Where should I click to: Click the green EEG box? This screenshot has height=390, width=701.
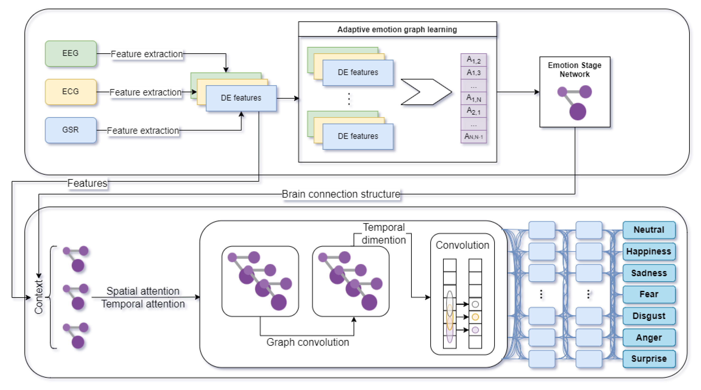70,53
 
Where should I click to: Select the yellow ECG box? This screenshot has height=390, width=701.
70,92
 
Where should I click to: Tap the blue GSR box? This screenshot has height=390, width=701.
70,130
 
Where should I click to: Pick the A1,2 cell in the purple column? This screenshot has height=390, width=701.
473,60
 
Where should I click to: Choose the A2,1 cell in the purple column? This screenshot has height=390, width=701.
473,111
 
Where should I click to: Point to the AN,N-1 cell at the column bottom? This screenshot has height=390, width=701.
473,136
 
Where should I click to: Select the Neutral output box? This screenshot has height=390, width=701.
649,230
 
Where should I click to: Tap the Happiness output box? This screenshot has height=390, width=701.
649,251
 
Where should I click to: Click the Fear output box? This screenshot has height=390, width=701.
649,294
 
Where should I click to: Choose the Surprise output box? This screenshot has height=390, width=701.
649,358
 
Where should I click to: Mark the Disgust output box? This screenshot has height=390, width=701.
649,316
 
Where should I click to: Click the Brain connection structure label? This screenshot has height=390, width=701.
341,194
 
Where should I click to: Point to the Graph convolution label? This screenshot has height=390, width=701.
307,342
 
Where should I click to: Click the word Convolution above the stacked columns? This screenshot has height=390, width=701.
462,245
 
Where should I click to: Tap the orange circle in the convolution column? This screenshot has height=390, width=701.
475,317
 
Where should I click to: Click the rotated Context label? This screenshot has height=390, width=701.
39,297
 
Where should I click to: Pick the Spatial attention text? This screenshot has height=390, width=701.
143,291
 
